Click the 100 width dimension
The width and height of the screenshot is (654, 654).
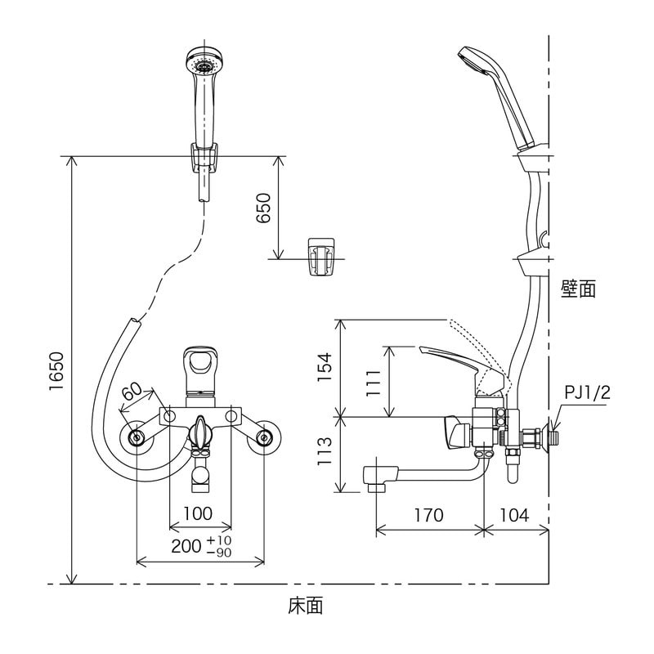click(x=199, y=514)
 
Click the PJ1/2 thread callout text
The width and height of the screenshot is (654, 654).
click(x=587, y=393)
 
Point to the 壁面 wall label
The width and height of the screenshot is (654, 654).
click(x=578, y=289)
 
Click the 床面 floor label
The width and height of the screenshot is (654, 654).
click(x=306, y=606)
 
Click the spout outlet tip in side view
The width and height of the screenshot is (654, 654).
click(x=374, y=479)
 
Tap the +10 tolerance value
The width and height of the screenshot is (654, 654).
click(x=219, y=541)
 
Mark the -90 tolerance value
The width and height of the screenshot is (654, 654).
click(x=219, y=553)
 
